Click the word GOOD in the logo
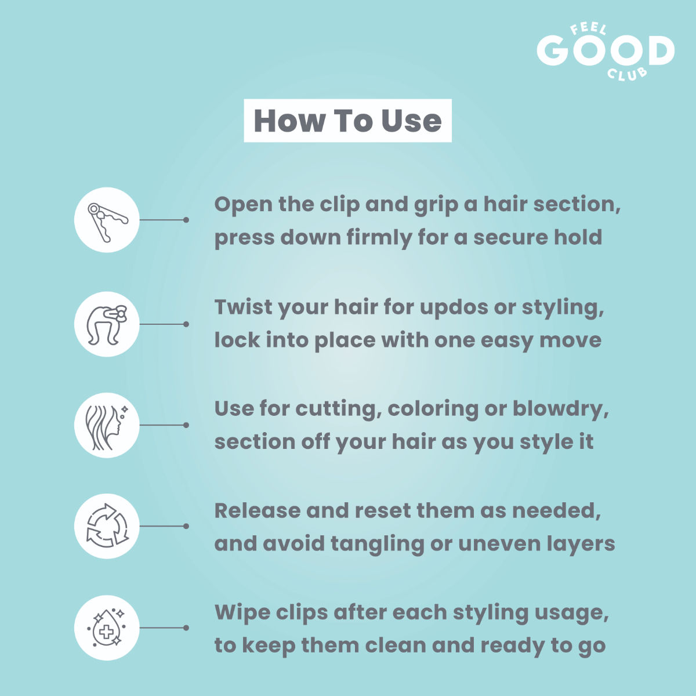pos(606,50)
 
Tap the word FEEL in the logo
pos(588,29)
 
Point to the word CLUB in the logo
pos(626,74)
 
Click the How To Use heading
pos(347,121)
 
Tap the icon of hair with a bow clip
pos(107,325)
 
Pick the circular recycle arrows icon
pos(107,525)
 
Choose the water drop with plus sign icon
pos(107,628)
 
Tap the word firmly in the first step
pos(379,238)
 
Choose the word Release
pos(258,511)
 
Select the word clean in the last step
pos(396,646)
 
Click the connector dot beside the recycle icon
pos(186,526)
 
